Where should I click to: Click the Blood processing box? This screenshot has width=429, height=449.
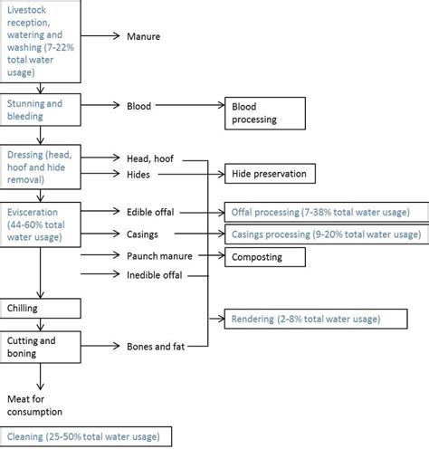click(265, 113)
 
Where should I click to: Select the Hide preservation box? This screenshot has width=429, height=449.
click(270, 174)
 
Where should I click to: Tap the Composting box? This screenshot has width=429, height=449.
click(265, 257)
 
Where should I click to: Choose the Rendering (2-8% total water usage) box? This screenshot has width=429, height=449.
click(316, 319)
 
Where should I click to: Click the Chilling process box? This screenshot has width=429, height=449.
click(41, 309)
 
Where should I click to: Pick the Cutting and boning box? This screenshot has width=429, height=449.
click(41, 347)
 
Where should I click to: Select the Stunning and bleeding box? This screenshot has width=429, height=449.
click(41, 110)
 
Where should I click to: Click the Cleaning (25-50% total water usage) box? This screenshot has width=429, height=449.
click(86, 436)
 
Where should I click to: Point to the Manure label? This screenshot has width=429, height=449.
click(144, 36)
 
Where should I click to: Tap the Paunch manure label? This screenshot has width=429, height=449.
click(159, 256)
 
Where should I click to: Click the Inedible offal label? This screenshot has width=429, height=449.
click(155, 275)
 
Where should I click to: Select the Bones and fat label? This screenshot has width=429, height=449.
click(156, 347)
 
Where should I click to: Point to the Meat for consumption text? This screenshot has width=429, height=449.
click(34, 406)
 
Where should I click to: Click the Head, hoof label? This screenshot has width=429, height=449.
click(150, 158)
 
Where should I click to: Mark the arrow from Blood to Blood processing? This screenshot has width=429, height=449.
click(190, 105)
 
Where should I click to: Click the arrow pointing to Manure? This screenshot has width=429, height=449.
click(100, 36)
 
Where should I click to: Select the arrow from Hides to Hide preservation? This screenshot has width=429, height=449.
click(192, 174)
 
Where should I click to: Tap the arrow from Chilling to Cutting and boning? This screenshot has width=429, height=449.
click(41, 325)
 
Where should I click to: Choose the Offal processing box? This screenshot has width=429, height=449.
click(327, 212)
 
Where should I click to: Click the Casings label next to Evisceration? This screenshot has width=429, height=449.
click(142, 234)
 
